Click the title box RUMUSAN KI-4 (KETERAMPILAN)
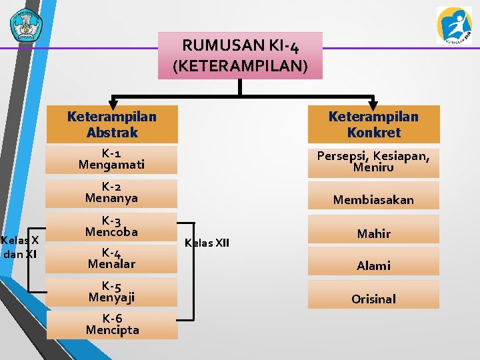[240, 55]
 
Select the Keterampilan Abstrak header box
[112, 125]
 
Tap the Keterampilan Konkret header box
[373, 125]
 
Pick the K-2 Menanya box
[112, 192]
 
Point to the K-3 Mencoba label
[111, 226]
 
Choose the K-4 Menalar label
[111, 258]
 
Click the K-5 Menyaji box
[112, 291]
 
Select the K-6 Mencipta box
[112, 325]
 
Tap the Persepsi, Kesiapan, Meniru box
[373, 161]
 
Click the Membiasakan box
[373, 199]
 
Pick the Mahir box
[373, 233]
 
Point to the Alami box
[373, 265]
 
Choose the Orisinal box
[373, 299]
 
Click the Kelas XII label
[207, 243]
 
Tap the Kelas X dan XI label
[20, 247]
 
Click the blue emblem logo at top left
[25, 25]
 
